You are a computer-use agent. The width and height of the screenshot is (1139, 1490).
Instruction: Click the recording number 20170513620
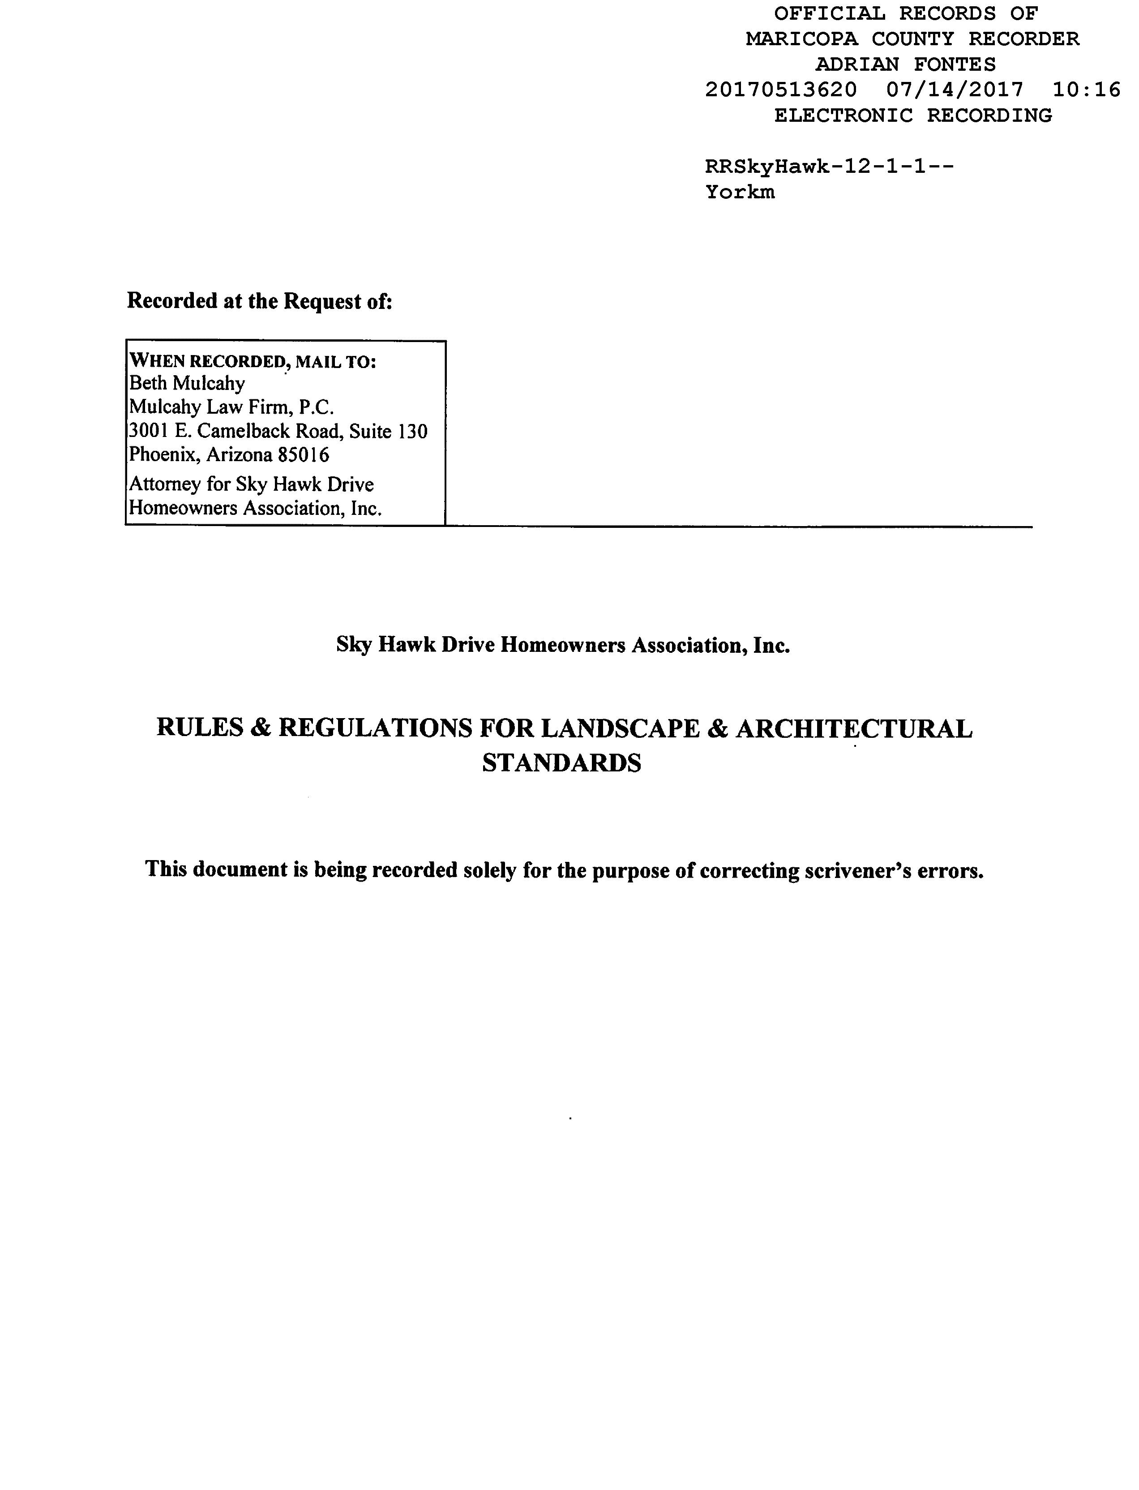point(781,90)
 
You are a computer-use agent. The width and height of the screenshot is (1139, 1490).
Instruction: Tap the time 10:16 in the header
point(1086,90)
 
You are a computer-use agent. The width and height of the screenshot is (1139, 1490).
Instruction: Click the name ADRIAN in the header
point(857,64)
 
